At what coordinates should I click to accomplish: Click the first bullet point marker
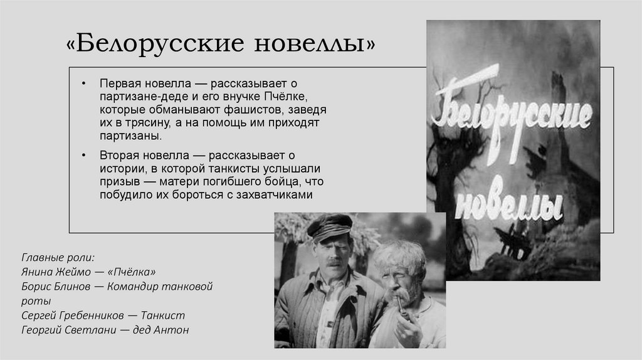point(84,84)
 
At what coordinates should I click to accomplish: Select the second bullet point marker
point(84,156)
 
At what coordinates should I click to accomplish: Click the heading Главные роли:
point(58,258)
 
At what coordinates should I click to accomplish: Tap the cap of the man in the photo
point(329,225)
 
